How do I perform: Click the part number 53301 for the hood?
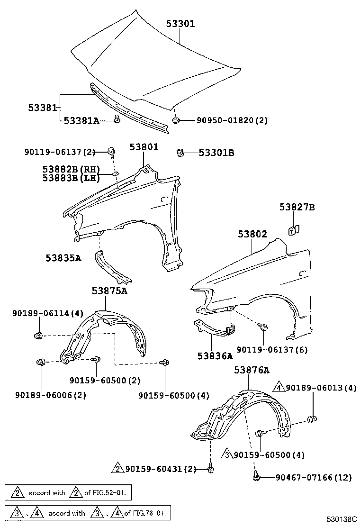[x=180, y=24]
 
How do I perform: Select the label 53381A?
[x=81, y=121]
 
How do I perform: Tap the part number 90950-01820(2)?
[x=232, y=121]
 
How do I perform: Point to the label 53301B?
[x=216, y=153]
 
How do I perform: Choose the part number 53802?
[x=252, y=234]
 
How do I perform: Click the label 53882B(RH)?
[x=71, y=169]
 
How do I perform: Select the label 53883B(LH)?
[x=71, y=178]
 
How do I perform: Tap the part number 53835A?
[x=63, y=258]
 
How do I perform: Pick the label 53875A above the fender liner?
[x=109, y=291]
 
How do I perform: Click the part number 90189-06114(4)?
[x=48, y=313]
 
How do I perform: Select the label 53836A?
[x=216, y=355]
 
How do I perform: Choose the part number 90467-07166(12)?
[x=314, y=477]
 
